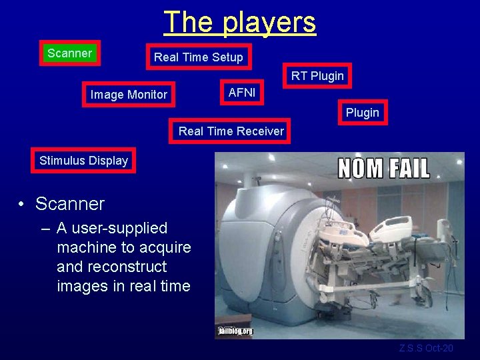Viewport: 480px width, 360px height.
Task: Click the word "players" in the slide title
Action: pos(269,22)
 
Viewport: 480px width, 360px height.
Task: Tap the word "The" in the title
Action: pos(189,22)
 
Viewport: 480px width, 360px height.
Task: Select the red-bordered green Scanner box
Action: pos(70,53)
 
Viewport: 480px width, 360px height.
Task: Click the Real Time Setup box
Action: pos(199,57)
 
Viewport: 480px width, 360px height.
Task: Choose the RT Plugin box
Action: pos(317,76)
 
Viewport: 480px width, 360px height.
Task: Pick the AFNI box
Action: pos(241,93)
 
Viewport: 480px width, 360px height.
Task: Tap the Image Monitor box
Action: pos(129,95)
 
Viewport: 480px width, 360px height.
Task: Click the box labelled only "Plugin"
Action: pos(362,113)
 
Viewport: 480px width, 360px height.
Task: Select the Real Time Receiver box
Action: pos(231,131)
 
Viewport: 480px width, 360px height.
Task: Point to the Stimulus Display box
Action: pos(83,161)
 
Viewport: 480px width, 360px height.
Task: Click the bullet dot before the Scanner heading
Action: pos(23,204)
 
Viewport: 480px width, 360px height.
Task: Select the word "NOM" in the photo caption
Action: pos(359,167)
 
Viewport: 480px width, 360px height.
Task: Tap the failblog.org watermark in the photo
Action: pos(235,331)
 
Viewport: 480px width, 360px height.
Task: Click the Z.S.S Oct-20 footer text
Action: pos(425,348)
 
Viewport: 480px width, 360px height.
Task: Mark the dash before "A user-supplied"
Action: pos(45,229)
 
